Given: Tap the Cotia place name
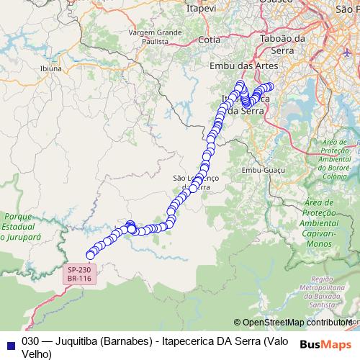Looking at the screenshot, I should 209,40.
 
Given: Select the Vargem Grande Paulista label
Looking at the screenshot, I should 155,37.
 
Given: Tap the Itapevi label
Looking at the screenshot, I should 202,8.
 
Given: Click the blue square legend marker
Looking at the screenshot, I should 8,341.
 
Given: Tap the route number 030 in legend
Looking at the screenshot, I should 30,341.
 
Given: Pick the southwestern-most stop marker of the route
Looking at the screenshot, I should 91,254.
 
